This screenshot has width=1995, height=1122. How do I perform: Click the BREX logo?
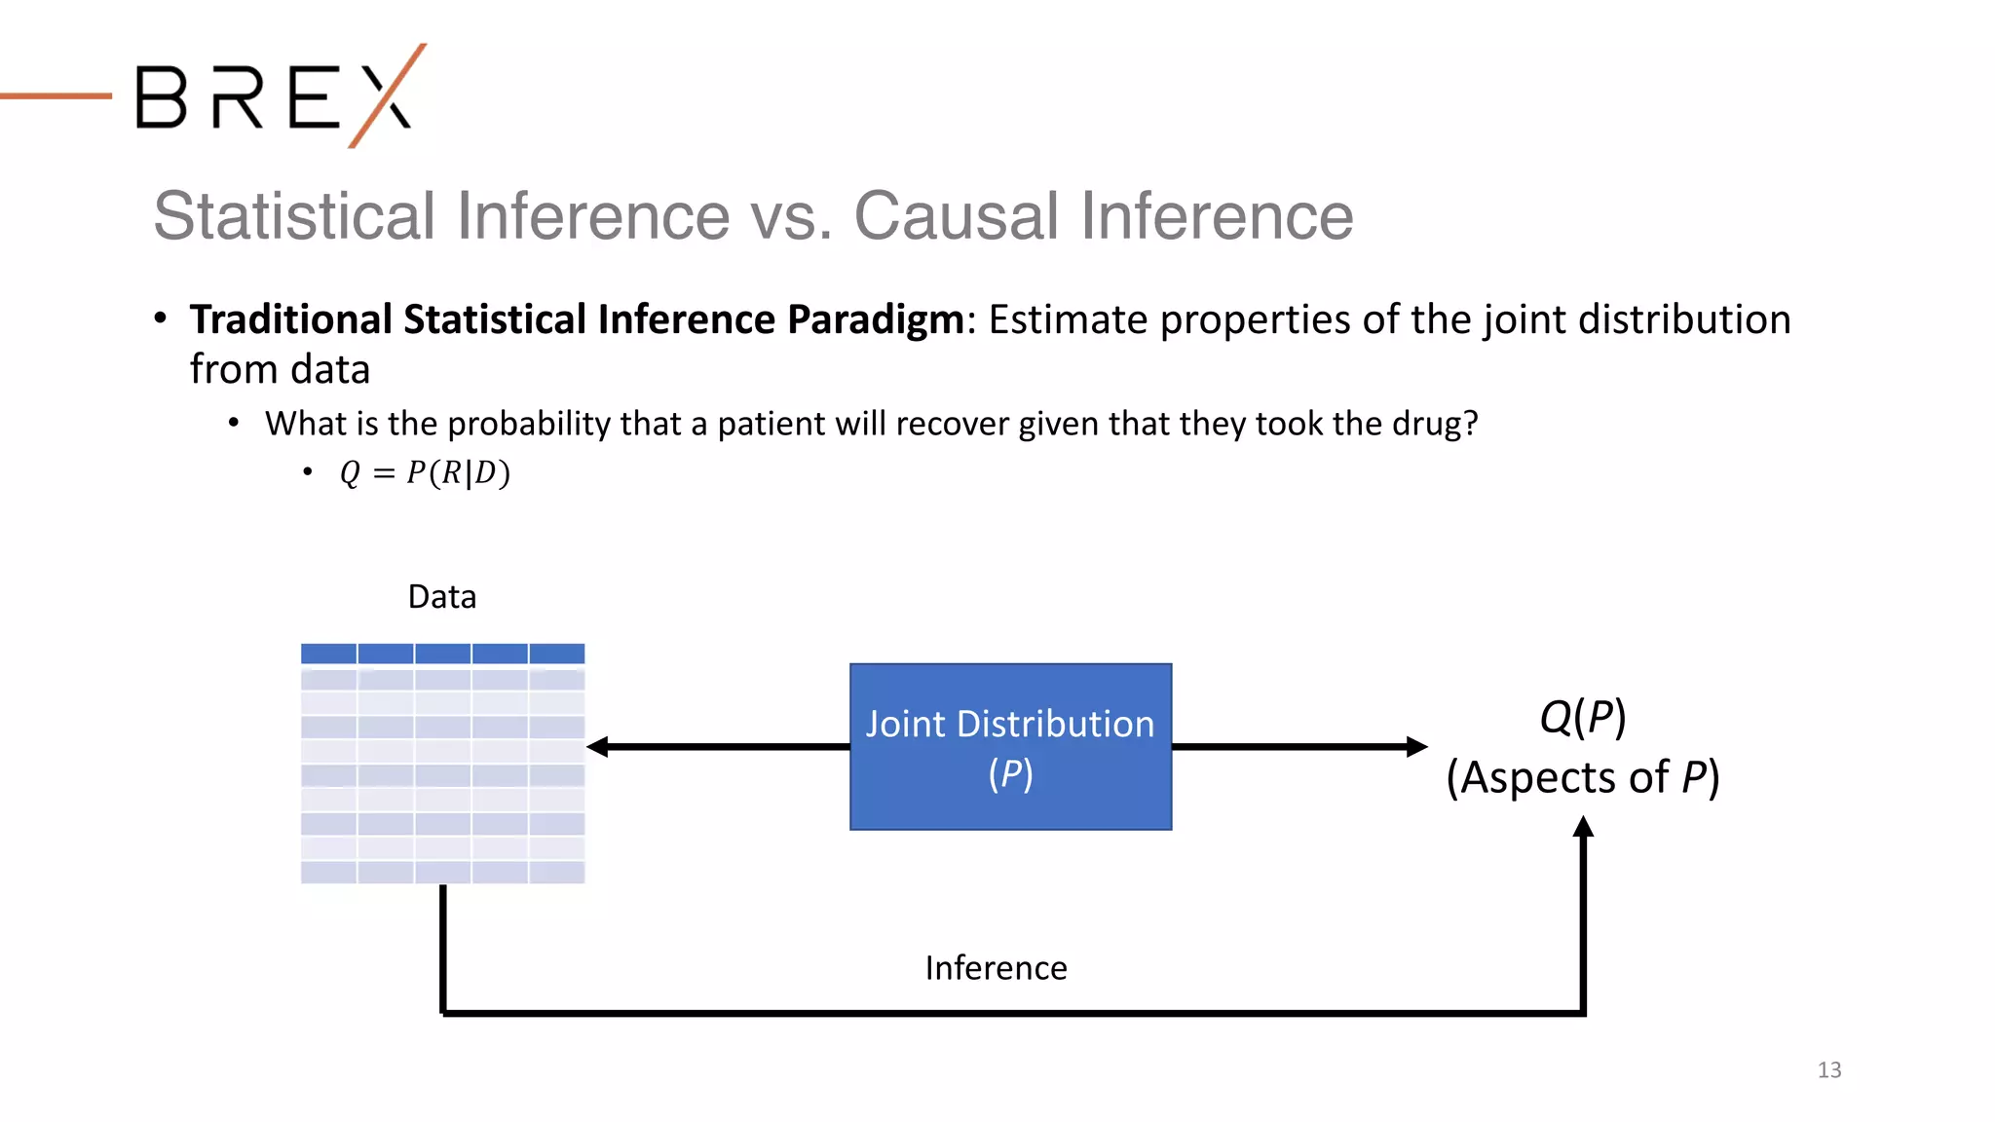278,96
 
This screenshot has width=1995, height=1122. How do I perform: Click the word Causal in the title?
955,215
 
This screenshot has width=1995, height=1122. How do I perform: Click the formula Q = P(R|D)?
425,473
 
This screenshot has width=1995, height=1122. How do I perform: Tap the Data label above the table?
441,596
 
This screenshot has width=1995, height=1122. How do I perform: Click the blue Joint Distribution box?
1010,747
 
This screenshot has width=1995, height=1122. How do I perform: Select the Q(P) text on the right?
1582,717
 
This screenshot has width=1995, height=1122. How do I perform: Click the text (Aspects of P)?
1582,777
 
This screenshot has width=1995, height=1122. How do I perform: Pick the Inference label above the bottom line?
996,968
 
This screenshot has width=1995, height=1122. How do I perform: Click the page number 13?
1828,1069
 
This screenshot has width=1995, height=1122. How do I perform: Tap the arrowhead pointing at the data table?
597,747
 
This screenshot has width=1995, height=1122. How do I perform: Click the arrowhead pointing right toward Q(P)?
1417,747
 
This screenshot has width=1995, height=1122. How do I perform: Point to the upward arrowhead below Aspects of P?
1583,828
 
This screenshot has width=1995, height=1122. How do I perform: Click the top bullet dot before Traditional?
161,318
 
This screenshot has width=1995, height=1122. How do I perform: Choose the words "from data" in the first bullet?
280,370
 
